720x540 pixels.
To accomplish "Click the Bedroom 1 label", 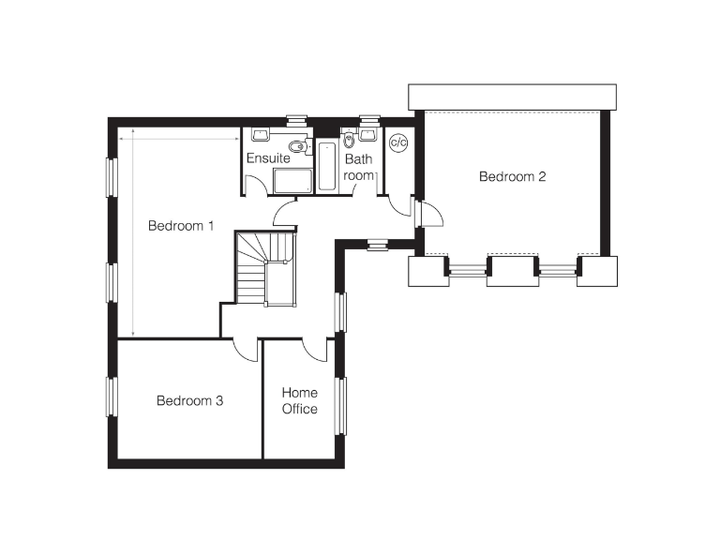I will (182, 226).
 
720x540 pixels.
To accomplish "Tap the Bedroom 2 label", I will (512, 176).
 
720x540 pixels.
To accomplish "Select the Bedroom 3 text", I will (189, 401).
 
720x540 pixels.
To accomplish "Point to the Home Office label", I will (300, 400).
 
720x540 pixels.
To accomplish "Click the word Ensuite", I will (268, 158).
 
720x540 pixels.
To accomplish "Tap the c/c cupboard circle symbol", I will (398, 142).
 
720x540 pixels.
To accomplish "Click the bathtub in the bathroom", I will (326, 166).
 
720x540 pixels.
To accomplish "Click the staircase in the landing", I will (265, 268).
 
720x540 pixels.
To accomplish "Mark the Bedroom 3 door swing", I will (247, 350).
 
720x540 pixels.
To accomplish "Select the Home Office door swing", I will (315, 349).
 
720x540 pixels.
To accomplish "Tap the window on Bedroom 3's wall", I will (111, 396).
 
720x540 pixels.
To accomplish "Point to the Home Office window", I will (342, 405).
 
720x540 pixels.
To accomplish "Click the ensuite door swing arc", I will (284, 215).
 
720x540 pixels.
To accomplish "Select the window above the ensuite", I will (296, 120).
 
